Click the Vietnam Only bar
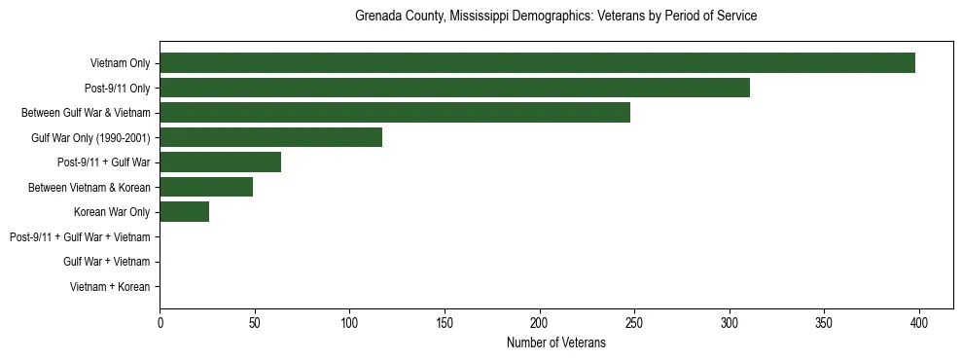pyautogui.click(x=537, y=63)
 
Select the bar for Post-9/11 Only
pyautogui.click(x=454, y=88)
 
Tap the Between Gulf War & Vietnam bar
pyautogui.click(x=395, y=113)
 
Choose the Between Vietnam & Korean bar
pyautogui.click(x=206, y=187)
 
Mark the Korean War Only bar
pyautogui.click(x=184, y=212)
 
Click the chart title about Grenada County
pyautogui.click(x=555, y=17)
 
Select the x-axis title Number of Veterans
pyautogui.click(x=555, y=342)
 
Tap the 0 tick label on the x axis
pyautogui.click(x=160, y=324)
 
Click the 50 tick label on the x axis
pyautogui.click(x=254, y=324)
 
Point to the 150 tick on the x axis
pyautogui.click(x=445, y=324)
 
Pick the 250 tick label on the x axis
pyautogui.click(x=634, y=324)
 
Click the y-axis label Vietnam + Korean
pyautogui.click(x=110, y=287)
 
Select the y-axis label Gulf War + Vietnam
pyautogui.click(x=106, y=262)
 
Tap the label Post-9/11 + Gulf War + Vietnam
pyautogui.click(x=80, y=237)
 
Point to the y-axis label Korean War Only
pyautogui.click(x=112, y=212)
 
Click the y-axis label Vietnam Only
pyautogui.click(x=120, y=63)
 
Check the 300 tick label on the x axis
pyautogui.click(x=730, y=324)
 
